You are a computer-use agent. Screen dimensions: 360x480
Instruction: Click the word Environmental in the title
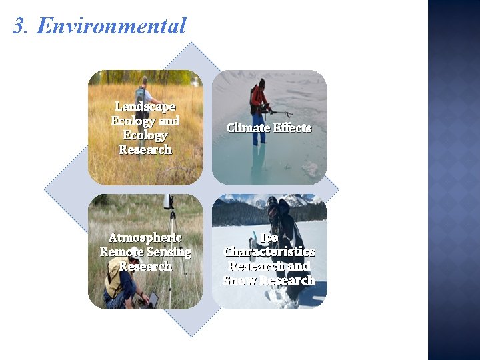tap(111, 26)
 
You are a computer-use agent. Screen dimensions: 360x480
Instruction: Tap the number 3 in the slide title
tap(19, 26)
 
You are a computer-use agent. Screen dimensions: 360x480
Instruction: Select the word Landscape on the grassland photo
tap(145, 106)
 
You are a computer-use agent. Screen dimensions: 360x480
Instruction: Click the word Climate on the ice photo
tap(247, 127)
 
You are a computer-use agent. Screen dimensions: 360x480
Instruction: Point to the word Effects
tap(292, 127)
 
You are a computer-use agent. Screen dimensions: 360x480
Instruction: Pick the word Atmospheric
tap(145, 238)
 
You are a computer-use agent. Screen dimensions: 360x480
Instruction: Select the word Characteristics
tap(269, 252)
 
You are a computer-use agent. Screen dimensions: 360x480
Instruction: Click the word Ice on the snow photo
tap(269, 238)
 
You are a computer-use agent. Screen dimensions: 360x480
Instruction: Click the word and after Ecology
tap(169, 121)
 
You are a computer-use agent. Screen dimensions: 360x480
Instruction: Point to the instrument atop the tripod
tap(168, 201)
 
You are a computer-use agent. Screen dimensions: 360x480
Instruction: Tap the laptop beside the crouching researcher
tap(152, 298)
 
